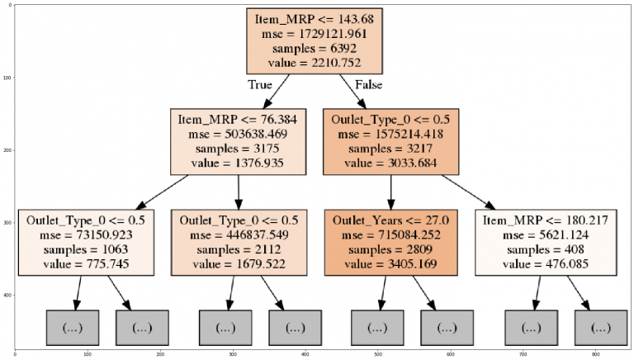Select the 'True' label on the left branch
click(260, 84)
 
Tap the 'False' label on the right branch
click(368, 84)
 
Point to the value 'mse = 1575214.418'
click(390, 134)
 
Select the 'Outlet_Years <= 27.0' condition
click(390, 221)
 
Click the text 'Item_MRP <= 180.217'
click(546, 221)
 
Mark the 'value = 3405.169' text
click(390, 263)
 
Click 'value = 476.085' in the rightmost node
click(546, 263)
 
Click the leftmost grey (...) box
click(72, 328)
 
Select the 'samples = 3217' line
click(390, 148)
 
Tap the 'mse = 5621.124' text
click(546, 235)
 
